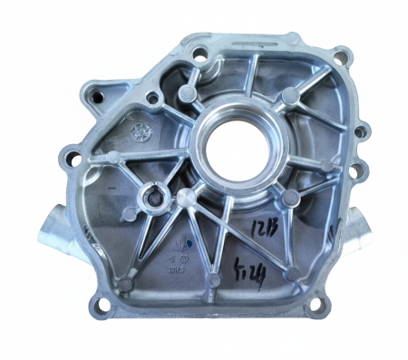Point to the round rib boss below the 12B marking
(x=292, y=271)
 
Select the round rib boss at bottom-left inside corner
(x=127, y=283)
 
